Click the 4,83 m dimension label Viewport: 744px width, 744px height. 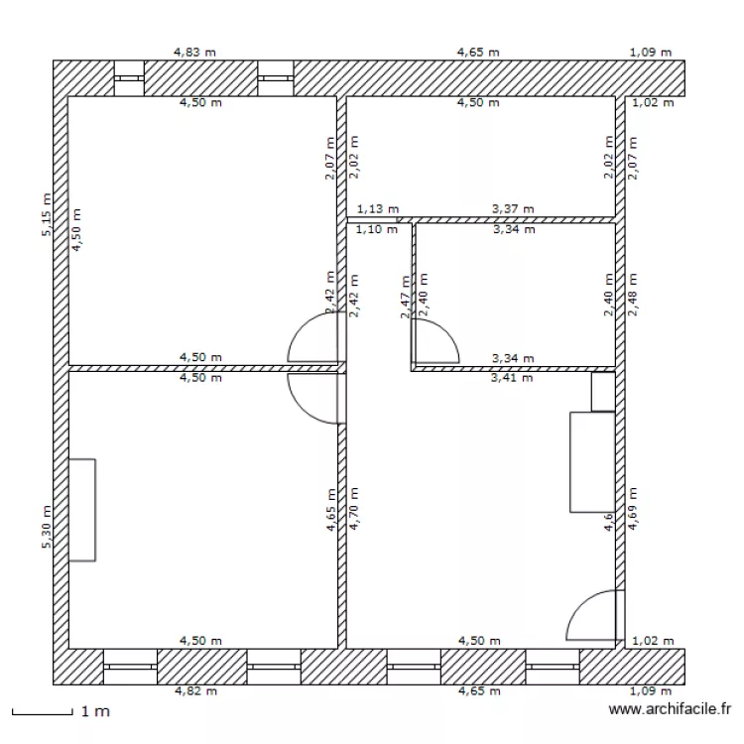[x=193, y=52]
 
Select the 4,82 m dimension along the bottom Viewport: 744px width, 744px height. [x=193, y=690]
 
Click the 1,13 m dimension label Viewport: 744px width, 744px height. [x=377, y=209]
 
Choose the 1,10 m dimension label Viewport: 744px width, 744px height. [x=377, y=229]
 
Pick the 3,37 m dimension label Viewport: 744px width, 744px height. [x=513, y=209]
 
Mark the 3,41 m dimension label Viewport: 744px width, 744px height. [x=513, y=378]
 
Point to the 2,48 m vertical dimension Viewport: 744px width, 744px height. [x=632, y=295]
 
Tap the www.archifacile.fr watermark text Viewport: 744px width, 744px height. [x=670, y=710]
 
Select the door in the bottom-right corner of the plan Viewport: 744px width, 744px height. [x=595, y=615]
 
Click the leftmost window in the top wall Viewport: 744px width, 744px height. [x=129, y=78]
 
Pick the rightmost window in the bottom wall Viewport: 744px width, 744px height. [x=553, y=667]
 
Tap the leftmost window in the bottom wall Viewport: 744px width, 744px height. [x=130, y=667]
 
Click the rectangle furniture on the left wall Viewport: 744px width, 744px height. [x=82, y=509]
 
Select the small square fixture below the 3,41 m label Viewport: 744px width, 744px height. [x=603, y=391]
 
